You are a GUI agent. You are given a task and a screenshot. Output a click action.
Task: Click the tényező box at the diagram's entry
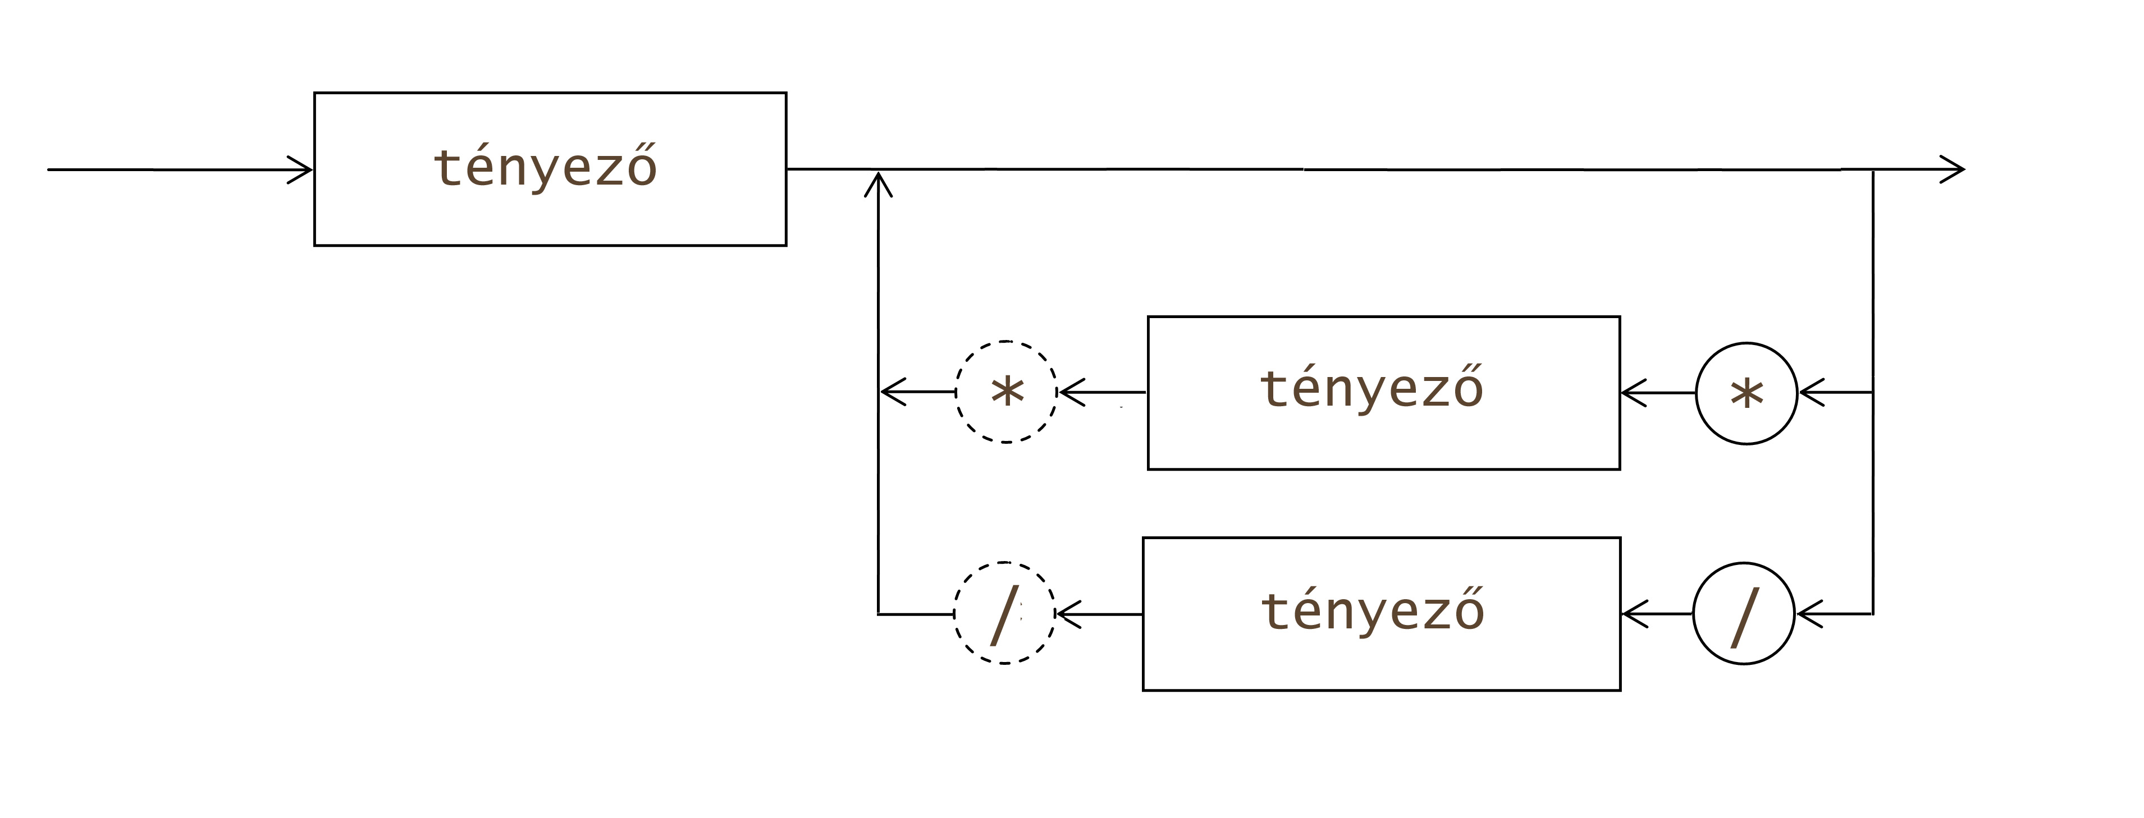(549, 169)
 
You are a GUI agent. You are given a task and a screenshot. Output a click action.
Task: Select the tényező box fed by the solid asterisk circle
(1383, 393)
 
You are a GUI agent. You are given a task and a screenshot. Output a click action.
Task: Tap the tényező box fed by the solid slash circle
(1382, 614)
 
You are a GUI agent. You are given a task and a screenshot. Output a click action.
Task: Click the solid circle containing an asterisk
(1746, 393)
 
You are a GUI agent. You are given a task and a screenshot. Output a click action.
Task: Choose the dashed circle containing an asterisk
(1006, 391)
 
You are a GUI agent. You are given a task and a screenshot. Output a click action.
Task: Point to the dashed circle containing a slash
(1004, 613)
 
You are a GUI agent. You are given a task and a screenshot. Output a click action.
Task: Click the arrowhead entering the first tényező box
(301, 170)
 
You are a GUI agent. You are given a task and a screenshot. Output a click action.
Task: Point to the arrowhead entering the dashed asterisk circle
(1071, 392)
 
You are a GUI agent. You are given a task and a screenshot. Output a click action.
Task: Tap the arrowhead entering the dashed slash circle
(1068, 614)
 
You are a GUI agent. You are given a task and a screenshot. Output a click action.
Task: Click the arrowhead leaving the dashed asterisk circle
(892, 391)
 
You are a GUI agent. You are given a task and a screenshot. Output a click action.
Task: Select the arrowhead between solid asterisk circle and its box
(1633, 393)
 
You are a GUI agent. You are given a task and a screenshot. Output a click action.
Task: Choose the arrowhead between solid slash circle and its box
(1634, 614)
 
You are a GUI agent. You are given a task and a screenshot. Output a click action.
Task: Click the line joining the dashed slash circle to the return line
(916, 614)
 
